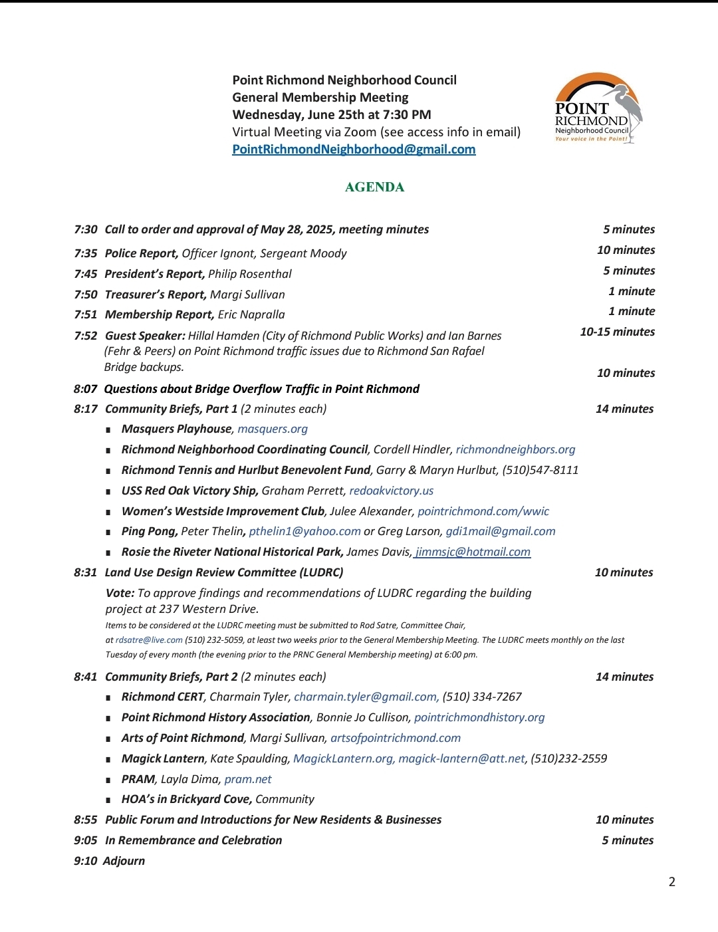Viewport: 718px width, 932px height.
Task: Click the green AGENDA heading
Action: tap(374, 187)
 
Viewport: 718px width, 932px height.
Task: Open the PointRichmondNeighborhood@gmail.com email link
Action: tap(354, 150)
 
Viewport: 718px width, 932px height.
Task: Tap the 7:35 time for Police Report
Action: tap(85, 253)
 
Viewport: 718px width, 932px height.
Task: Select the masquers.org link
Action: tap(273, 429)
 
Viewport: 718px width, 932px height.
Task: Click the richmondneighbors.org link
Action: tap(515, 450)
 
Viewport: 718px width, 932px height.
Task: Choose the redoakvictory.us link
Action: tap(391, 491)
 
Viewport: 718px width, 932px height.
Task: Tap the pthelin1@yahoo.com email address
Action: tap(304, 531)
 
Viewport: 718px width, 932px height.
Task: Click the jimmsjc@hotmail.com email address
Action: tap(473, 552)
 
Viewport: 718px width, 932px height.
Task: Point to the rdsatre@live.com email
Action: tap(149, 640)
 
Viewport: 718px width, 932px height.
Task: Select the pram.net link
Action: tap(248, 779)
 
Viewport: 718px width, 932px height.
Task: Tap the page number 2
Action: tap(671, 882)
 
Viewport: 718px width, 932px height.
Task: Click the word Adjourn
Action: tap(124, 861)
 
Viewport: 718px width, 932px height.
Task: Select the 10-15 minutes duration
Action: tap(617, 332)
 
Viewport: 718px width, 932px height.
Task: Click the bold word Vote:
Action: tap(120, 593)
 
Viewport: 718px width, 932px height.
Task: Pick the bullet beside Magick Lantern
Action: tap(108, 759)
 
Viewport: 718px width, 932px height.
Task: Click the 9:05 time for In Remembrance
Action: tap(85, 840)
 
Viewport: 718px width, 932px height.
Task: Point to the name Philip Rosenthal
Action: tap(250, 274)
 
